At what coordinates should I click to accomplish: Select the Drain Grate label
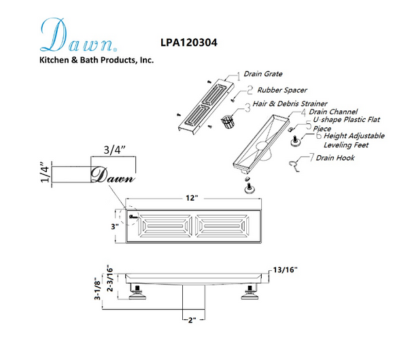[x=264, y=74]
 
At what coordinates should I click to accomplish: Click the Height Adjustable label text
[x=356, y=136]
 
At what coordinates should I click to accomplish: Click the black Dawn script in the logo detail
[x=113, y=174]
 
